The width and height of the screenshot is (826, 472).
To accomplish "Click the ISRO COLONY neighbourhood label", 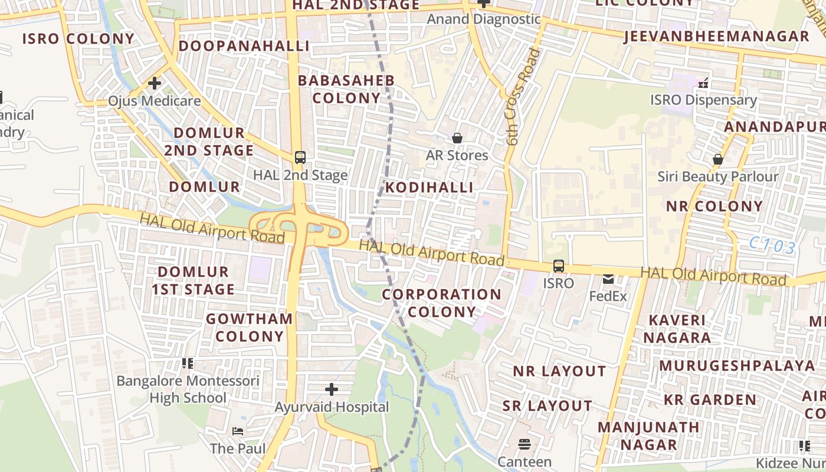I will tap(78, 39).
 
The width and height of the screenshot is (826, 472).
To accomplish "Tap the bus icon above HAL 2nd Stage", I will tap(300, 158).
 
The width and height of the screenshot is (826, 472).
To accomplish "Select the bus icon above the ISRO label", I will tap(558, 266).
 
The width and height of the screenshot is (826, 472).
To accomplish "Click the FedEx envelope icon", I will tap(608, 279).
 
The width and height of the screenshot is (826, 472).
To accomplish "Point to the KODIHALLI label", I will tap(430, 188).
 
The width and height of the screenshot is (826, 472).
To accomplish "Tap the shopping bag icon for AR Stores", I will tap(457, 139).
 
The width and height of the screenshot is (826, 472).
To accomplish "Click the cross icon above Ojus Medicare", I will tap(155, 83).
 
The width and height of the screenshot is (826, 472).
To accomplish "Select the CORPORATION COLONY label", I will tap(441, 303).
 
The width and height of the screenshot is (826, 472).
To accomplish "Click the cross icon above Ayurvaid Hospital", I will tap(332, 389).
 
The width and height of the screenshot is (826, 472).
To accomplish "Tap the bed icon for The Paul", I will tap(238, 431).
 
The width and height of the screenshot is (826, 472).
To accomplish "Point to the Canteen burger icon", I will tap(525, 444).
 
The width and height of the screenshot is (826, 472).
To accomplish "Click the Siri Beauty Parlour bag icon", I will tap(718, 159).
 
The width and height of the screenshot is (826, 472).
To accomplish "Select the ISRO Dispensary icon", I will tap(703, 83).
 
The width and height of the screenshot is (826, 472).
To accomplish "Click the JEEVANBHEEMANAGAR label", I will tap(716, 37).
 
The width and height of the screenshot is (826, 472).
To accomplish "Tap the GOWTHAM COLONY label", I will tap(249, 327).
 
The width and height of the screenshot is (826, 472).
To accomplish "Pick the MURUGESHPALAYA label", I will tap(737, 366).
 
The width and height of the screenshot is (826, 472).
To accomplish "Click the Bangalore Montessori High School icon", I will tap(188, 363).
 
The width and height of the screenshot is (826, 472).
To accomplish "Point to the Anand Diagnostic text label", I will tap(483, 19).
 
